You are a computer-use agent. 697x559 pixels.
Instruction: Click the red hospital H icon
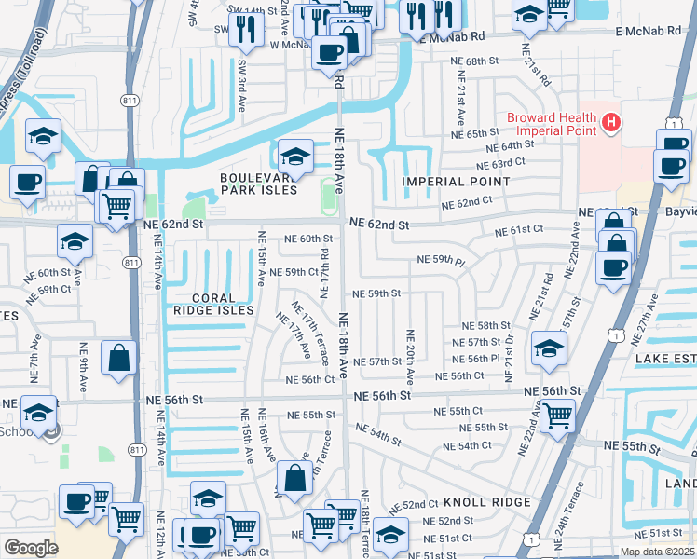[611, 121]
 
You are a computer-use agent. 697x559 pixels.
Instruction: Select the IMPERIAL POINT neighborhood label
[445, 181]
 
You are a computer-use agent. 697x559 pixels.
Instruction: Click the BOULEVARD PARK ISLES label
[258, 184]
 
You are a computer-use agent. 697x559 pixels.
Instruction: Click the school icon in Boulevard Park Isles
[295, 155]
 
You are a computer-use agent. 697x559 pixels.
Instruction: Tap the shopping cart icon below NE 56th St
[557, 414]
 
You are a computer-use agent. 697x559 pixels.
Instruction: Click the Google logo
[31, 548]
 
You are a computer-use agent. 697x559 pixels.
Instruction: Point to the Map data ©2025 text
[658, 552]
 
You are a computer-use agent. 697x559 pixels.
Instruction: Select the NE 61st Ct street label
[520, 229]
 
